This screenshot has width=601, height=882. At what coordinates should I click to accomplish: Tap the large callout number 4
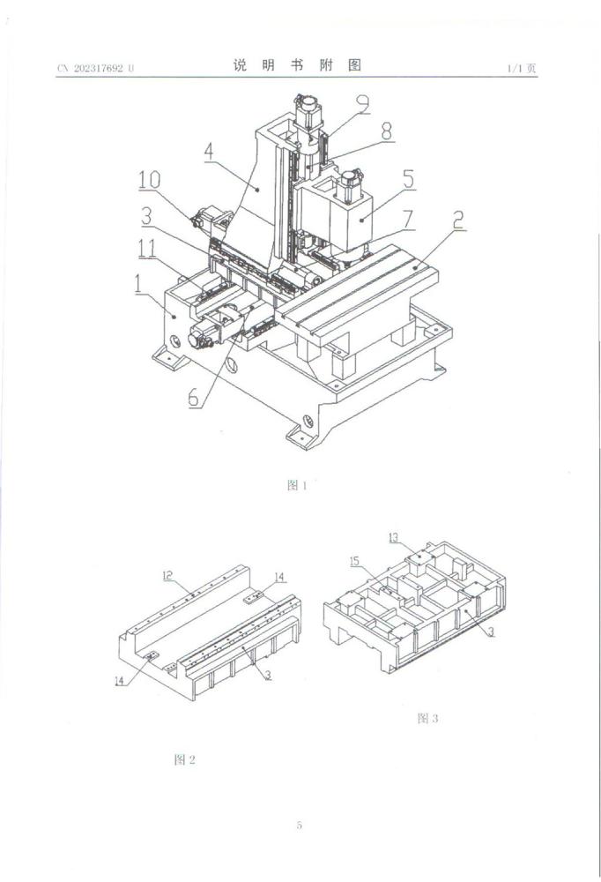pos(209,152)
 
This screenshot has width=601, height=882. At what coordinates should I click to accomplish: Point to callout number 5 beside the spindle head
pos(409,177)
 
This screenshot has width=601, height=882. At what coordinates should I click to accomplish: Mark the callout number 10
pos(149,180)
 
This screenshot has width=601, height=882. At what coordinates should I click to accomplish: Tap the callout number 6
pos(194,397)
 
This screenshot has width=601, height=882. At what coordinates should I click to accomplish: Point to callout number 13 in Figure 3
pos(393,537)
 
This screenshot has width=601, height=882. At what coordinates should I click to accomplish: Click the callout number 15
pos(355,561)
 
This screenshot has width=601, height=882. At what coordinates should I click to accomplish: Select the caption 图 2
pos(184,759)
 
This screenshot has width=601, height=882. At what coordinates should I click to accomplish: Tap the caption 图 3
pos(427,718)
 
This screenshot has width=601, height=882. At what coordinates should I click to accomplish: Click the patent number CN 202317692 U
pos(96,68)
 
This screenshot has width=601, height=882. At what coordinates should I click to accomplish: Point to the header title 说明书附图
pos(298,66)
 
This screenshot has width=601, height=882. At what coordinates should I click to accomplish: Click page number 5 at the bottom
pos(300,826)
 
